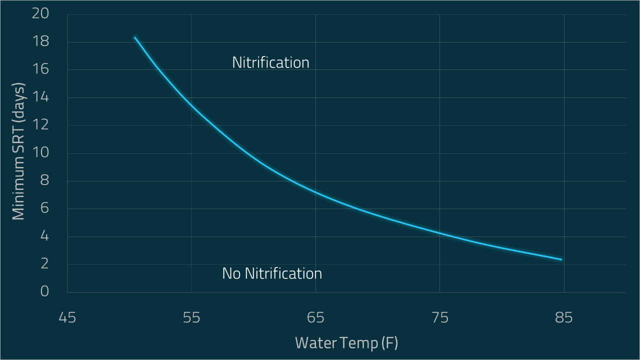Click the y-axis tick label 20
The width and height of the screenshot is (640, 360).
[40, 14]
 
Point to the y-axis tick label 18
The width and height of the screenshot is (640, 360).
[40, 42]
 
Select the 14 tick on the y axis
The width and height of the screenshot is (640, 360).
[40, 97]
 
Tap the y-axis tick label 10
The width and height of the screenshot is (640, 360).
[40, 153]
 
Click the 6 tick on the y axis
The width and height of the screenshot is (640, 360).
[44, 209]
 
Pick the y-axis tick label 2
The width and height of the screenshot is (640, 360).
[44, 264]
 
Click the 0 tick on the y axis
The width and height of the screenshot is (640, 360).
[44, 292]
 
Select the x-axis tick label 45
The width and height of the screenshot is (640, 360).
[67, 318]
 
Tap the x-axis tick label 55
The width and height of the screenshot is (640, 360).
[191, 318]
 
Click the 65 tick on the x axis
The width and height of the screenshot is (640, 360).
[315, 318]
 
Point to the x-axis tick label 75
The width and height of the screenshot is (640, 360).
[439, 318]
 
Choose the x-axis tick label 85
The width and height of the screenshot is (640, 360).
[563, 318]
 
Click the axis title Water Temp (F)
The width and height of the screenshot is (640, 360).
[346, 343]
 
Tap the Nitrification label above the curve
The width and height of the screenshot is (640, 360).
[270, 62]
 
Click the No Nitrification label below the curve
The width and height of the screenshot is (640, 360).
[272, 273]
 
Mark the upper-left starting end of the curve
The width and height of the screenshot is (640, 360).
[135, 37]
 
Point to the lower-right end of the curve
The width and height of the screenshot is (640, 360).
[561, 259]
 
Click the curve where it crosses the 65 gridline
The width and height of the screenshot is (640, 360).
[315, 191]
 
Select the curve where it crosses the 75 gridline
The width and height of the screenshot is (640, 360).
[439, 233]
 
